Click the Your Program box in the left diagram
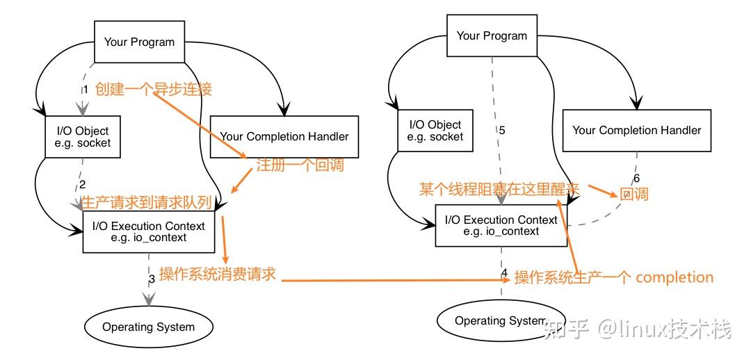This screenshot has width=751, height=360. [139, 42]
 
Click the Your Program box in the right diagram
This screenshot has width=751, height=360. [492, 35]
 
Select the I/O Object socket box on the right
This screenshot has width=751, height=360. [435, 131]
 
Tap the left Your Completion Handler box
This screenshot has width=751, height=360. [284, 137]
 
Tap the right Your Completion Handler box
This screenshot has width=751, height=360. [636, 130]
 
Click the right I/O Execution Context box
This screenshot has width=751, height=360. [501, 225]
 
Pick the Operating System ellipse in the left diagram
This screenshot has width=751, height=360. [148, 327]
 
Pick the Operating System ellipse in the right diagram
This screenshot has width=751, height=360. [501, 320]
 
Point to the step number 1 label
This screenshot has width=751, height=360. [86, 90]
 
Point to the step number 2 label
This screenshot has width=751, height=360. [82, 184]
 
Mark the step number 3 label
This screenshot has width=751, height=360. [152, 279]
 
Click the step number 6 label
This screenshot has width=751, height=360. [636, 178]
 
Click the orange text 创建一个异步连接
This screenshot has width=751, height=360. [153, 89]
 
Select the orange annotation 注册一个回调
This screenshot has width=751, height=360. [300, 166]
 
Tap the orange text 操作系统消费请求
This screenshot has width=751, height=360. [218, 275]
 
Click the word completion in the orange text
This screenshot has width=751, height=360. [675, 277]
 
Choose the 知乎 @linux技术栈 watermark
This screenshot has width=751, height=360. [638, 328]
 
